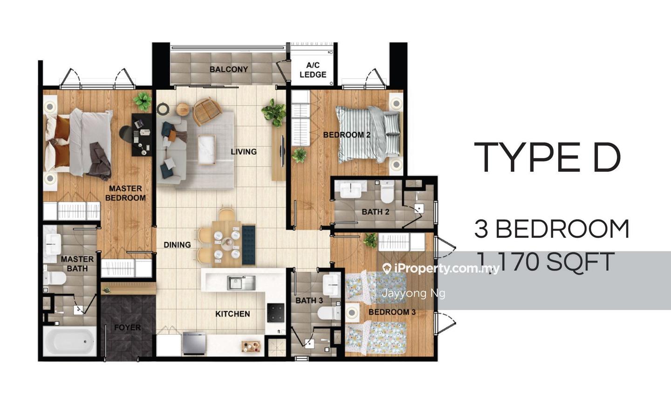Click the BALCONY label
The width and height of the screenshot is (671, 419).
tap(228, 69)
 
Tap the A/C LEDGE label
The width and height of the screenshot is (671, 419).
tap(313, 70)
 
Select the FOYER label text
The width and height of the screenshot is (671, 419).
tap(127, 327)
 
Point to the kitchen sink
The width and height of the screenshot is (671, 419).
tap(241, 283)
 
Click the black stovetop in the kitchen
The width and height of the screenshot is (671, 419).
tap(275, 313)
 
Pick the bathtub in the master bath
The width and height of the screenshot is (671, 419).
tap(70, 341)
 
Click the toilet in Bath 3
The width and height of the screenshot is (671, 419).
tap(329, 313)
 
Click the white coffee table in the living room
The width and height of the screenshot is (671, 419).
tap(206, 149)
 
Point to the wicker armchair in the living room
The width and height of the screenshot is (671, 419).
tap(206, 112)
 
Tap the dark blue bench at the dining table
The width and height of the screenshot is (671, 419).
tap(248, 245)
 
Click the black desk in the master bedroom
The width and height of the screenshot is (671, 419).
tap(142, 135)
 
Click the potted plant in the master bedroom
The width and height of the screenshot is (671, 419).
tap(142, 101)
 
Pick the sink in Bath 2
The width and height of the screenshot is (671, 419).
tap(350, 189)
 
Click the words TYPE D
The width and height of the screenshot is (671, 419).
tap(547, 157)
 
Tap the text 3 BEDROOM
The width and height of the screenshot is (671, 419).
tap(552, 229)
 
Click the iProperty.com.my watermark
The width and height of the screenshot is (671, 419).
tap(441, 269)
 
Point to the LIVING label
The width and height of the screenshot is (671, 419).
tap(244, 152)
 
